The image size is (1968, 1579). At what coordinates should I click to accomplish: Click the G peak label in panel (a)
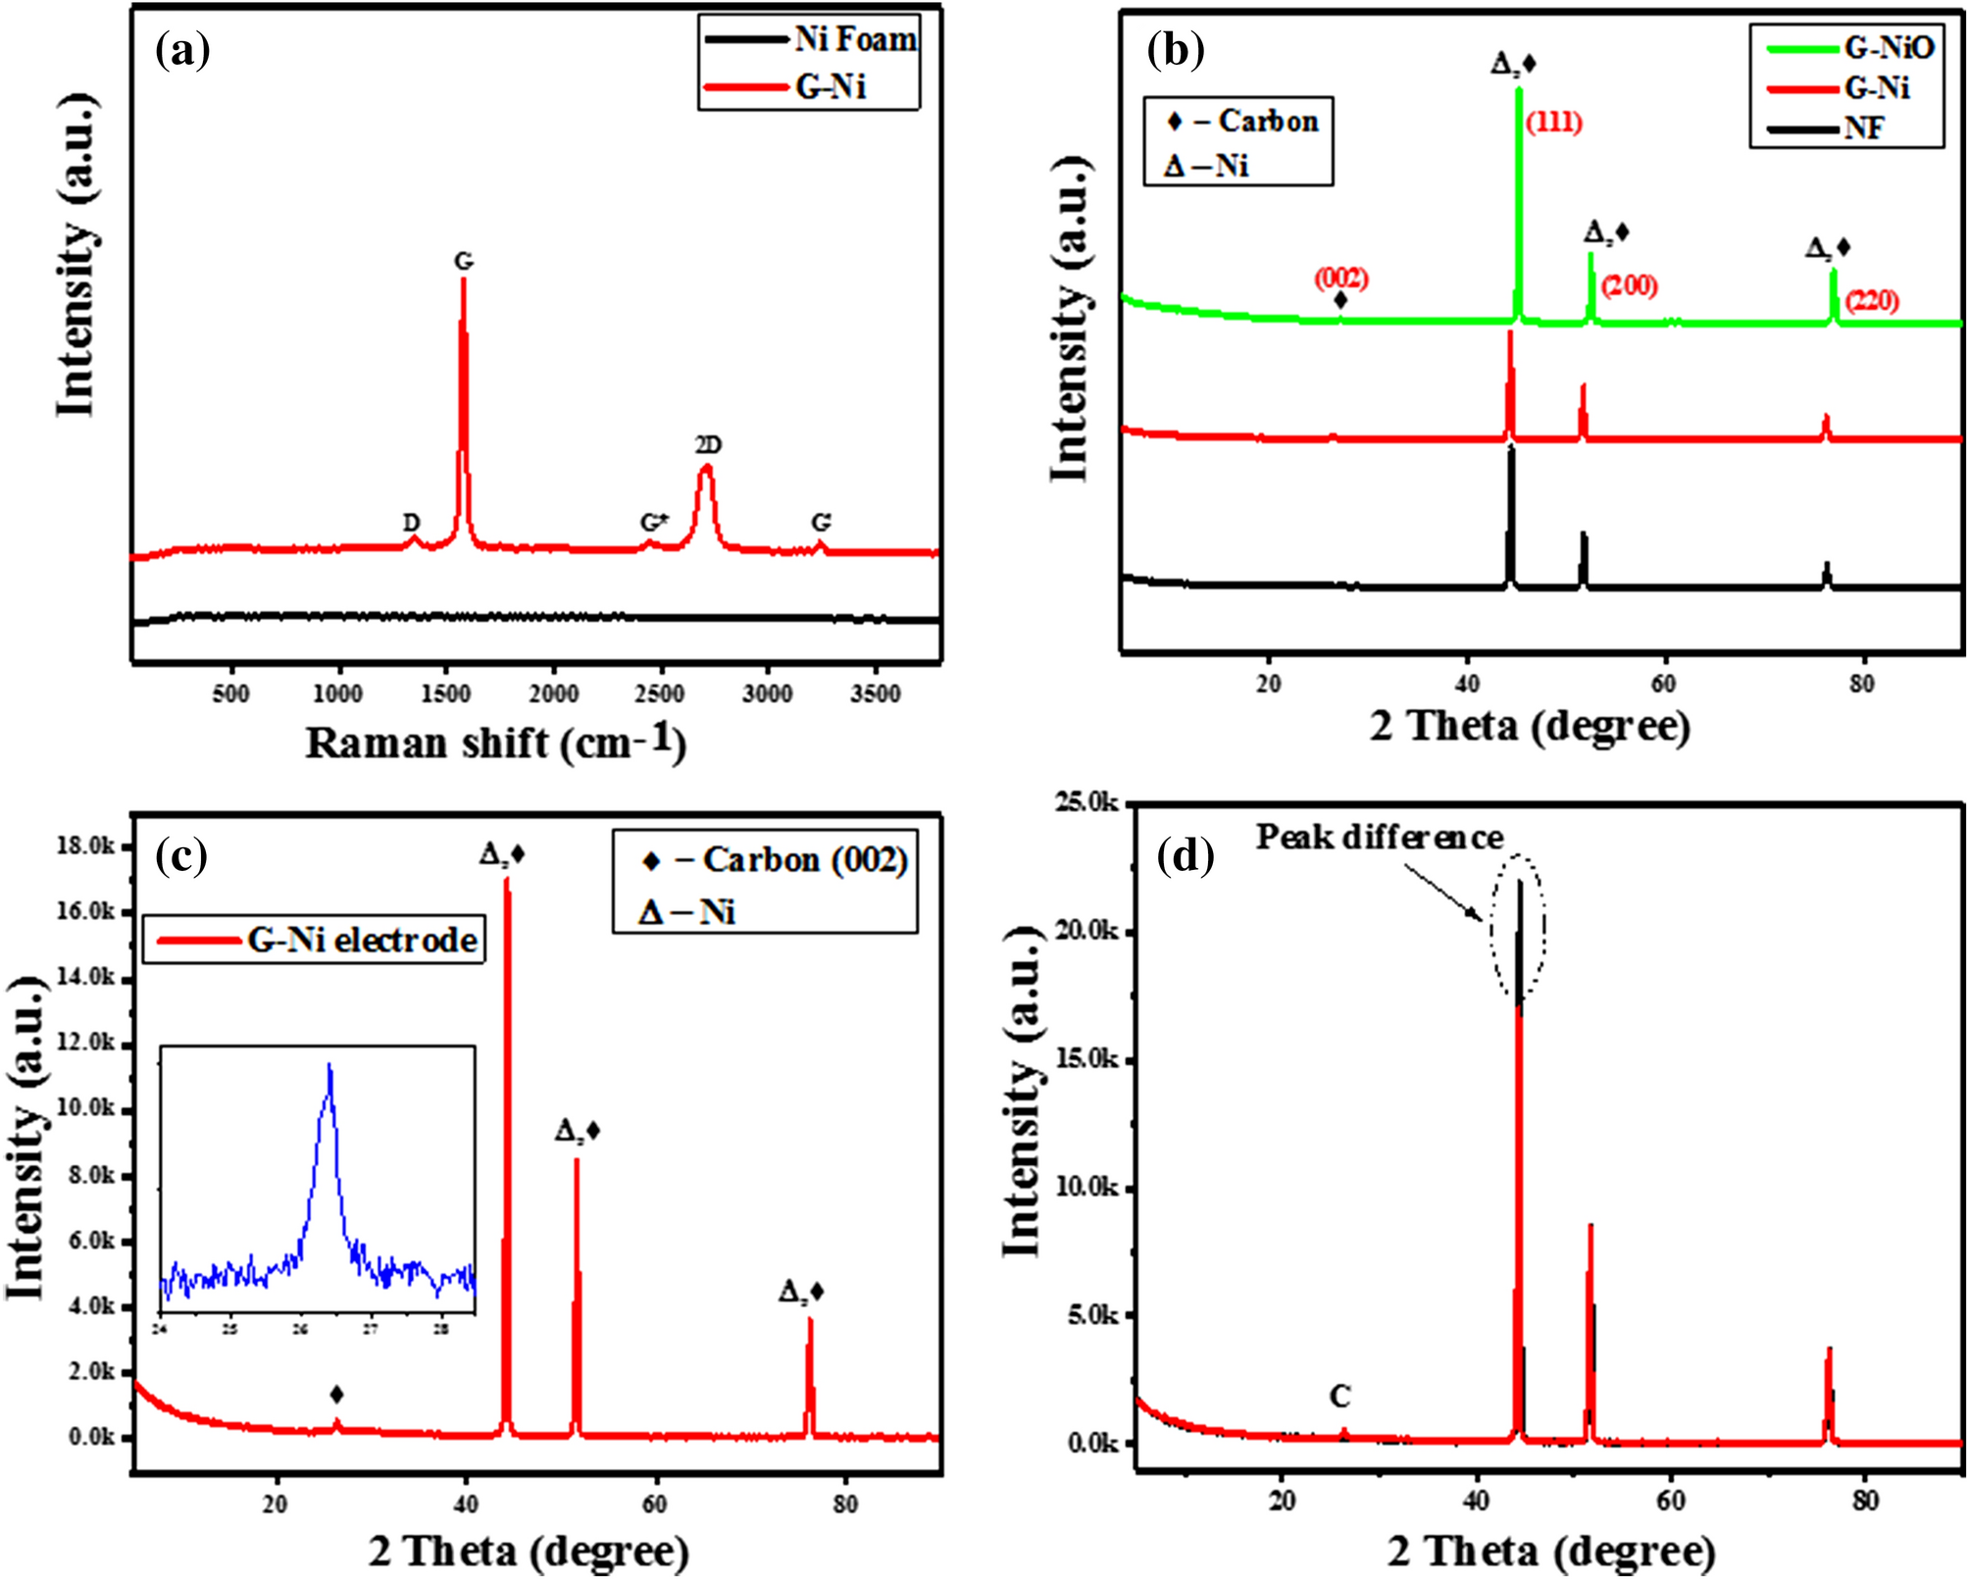[464, 262]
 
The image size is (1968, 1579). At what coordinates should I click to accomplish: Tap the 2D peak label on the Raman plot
[708, 445]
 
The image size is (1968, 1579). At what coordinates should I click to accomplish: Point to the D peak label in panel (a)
[412, 523]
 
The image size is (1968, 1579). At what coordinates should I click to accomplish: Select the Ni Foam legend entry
[854, 39]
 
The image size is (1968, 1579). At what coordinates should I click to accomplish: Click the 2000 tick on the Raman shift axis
[553, 694]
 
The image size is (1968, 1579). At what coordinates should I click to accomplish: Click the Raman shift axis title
[495, 742]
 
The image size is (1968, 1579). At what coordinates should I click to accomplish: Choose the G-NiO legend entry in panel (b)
[1888, 47]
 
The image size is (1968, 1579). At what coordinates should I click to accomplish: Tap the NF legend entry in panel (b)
[1862, 128]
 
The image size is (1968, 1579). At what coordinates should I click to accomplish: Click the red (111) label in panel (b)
[1554, 123]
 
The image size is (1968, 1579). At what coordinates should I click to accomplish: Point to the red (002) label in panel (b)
[1341, 279]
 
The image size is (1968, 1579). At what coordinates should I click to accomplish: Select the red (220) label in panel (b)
[1872, 300]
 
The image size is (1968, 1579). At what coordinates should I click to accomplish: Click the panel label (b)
[1176, 49]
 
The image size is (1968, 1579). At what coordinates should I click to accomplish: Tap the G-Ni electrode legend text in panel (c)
[362, 940]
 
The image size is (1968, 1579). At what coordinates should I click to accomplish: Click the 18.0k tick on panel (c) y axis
[84, 845]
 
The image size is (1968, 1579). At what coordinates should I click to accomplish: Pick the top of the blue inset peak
[329, 1066]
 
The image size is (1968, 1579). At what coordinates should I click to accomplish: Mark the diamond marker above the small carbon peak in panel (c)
[336, 1395]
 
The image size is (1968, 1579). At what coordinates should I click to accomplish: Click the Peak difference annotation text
[1379, 837]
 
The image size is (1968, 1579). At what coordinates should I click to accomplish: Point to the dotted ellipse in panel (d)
[1518, 927]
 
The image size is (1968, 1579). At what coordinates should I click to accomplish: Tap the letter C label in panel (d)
[1340, 1396]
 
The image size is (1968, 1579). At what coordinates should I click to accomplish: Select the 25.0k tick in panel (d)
[1085, 803]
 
